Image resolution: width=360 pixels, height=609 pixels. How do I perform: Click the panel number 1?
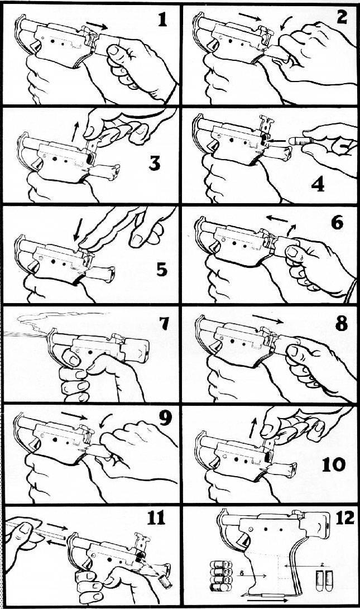(163, 19)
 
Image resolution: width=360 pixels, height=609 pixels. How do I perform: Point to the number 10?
(334, 464)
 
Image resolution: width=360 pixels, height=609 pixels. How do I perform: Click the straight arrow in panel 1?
(97, 26)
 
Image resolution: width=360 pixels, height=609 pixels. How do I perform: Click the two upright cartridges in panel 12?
(324, 581)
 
